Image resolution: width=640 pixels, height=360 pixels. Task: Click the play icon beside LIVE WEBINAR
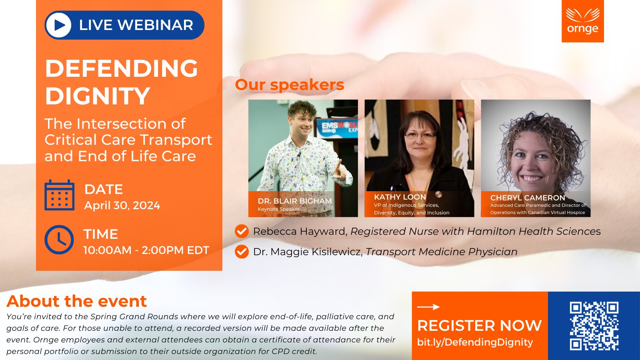[x=58, y=25]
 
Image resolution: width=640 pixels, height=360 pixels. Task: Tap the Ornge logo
[x=582, y=21]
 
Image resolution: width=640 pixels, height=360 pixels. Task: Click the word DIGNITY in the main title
[x=98, y=96]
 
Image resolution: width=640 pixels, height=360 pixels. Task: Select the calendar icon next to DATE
[x=60, y=195]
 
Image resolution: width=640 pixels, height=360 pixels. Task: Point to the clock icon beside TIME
[x=59, y=240]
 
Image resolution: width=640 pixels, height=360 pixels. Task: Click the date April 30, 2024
[x=122, y=206]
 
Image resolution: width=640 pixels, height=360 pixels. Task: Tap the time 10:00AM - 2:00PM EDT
[x=146, y=250]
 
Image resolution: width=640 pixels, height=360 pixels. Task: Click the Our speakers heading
[x=290, y=85]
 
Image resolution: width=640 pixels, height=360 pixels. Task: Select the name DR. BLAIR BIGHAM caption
[x=294, y=201]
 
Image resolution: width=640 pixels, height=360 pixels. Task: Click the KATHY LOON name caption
[x=400, y=197]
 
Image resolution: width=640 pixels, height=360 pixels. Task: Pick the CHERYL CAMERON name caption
[x=528, y=198]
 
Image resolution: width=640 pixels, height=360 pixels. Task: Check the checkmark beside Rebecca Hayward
[x=242, y=231]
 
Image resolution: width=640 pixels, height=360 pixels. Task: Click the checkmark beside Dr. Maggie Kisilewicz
[x=242, y=252]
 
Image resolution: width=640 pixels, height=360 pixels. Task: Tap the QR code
[x=594, y=326]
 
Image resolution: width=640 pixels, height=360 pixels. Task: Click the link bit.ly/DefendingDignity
[x=475, y=342]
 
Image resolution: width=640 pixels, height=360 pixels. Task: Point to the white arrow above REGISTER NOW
[x=428, y=307]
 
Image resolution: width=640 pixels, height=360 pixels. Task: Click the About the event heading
[x=76, y=301]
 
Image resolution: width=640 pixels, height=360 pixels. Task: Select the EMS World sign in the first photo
[x=337, y=128]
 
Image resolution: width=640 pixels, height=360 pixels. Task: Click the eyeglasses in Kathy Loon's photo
[x=420, y=135]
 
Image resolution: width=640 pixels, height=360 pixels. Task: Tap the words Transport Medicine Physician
[x=442, y=252]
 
